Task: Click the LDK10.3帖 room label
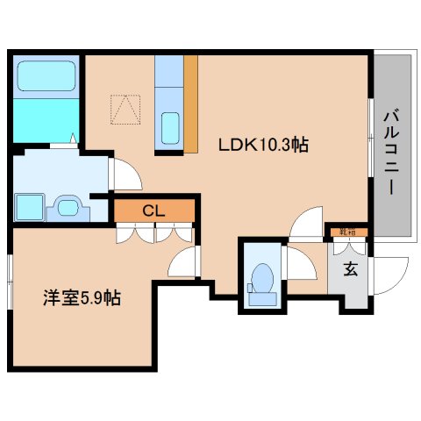(268, 146)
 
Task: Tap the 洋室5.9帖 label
(82, 297)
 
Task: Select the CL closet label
(153, 210)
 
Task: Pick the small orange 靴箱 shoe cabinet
(347, 232)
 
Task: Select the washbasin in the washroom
(68, 208)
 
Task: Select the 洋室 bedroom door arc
(185, 261)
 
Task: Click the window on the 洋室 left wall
(11, 281)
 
